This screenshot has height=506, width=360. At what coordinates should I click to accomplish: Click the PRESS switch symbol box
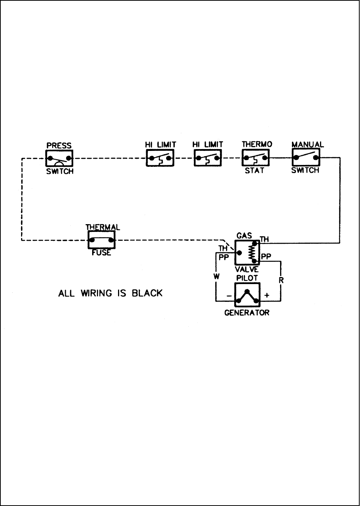(59, 159)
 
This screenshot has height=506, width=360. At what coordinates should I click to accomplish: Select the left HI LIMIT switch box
(160, 159)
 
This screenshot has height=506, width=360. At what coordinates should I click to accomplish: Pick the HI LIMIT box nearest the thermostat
(208, 159)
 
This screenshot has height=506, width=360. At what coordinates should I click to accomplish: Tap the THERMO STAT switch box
(256, 158)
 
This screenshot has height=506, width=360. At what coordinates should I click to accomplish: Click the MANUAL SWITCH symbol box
(306, 158)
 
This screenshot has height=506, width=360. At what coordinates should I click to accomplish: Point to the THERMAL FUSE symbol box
(101, 240)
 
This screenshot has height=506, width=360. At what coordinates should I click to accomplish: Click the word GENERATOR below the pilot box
(247, 313)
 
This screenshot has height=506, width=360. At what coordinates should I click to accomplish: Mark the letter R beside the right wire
(281, 280)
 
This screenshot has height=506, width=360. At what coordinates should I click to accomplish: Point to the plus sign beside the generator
(267, 296)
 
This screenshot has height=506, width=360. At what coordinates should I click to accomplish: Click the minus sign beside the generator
(229, 296)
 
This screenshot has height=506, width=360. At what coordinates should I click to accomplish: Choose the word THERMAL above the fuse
(103, 227)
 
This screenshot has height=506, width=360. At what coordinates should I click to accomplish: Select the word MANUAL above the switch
(307, 145)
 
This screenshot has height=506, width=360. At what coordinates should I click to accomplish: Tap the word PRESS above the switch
(59, 145)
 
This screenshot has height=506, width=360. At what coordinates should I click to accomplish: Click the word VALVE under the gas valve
(247, 270)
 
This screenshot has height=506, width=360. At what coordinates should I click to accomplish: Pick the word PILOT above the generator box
(247, 278)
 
